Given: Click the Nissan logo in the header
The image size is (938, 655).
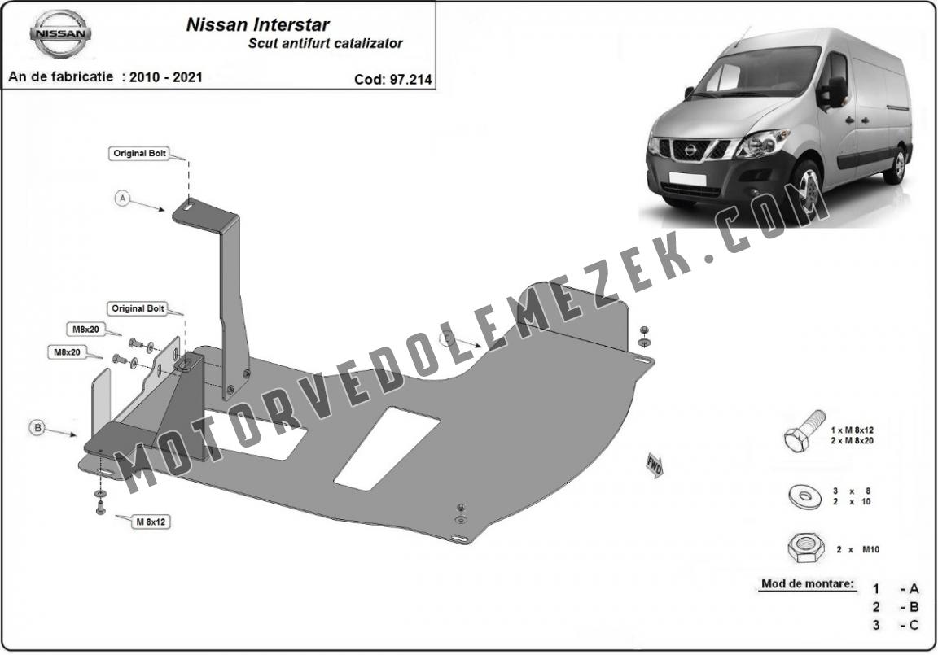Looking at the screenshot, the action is tap(60, 34).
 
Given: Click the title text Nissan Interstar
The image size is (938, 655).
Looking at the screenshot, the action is tap(258, 24).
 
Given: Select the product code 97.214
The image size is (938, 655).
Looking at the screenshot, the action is tap(410, 80).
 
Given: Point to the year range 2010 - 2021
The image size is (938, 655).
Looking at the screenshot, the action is tap(166, 77).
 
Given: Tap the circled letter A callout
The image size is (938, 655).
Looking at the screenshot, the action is tap(123, 198).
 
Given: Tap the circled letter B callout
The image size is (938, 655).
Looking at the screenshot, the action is tap(37, 427).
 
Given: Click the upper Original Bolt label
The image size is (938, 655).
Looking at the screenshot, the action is tap(140, 153).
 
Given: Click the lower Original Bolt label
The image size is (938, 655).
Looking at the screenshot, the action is tap(138, 308).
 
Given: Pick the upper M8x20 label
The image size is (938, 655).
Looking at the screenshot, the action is tap(86, 330).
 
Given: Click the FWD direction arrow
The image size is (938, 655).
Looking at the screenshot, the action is tap(654, 465).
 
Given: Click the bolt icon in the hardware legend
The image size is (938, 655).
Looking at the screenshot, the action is tap(804, 431).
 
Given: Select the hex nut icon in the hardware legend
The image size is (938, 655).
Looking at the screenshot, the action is tap(806, 548).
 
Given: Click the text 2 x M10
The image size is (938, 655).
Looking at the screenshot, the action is tap(858, 549).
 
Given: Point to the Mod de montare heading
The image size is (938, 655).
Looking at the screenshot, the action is tap(808, 584).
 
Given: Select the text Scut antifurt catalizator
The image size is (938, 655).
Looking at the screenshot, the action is tap(326, 43).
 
